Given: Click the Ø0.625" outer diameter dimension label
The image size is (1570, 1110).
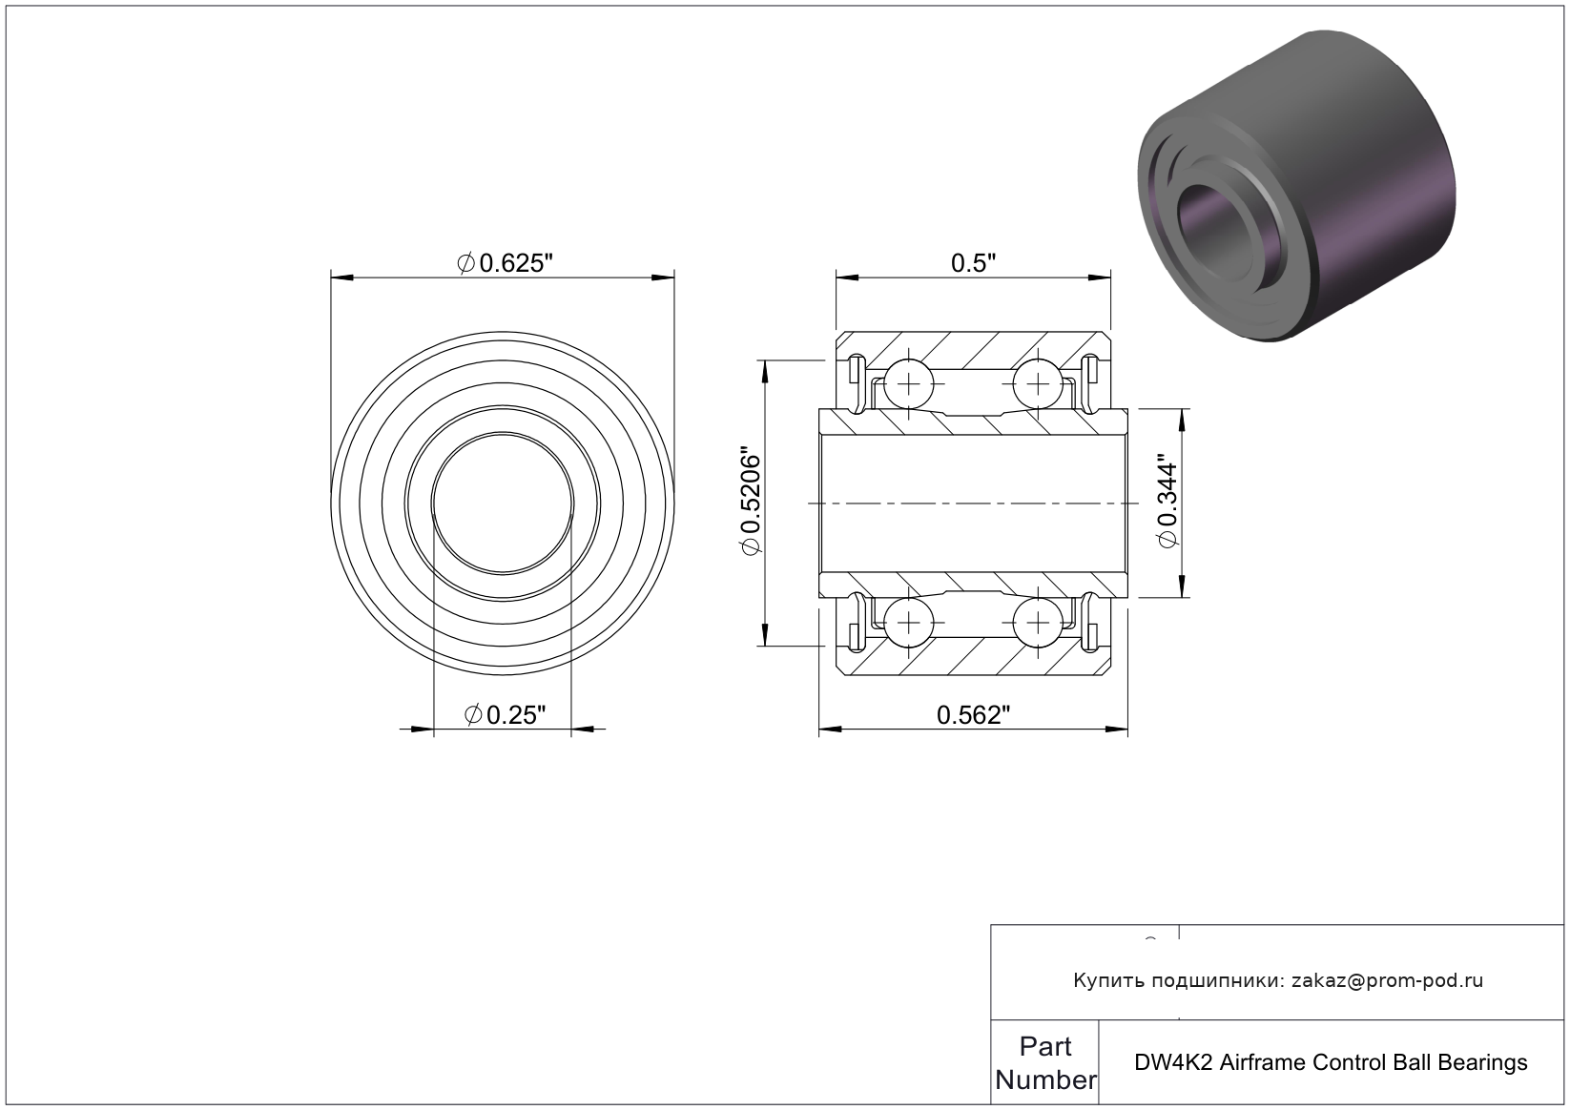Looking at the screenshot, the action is pyautogui.click(x=505, y=263).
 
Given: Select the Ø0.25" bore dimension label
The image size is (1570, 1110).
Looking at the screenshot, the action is pyautogui.click(x=505, y=715).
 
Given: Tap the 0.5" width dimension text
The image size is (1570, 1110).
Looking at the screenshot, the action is pyautogui.click(x=973, y=263).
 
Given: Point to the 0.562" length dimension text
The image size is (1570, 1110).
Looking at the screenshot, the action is pyautogui.click(x=974, y=715).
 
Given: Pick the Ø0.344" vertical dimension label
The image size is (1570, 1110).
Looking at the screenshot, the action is pyautogui.click(x=1167, y=504).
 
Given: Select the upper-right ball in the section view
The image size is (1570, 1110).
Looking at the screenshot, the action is pyautogui.click(x=1038, y=384).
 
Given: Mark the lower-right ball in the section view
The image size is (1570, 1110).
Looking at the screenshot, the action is pyautogui.click(x=1038, y=623).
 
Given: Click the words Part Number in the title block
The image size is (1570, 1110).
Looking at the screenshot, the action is pyautogui.click(x=1045, y=1063).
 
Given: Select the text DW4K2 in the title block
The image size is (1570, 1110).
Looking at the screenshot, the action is pyautogui.click(x=1173, y=1063).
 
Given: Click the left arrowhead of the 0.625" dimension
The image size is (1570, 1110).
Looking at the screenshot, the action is pyautogui.click(x=342, y=278).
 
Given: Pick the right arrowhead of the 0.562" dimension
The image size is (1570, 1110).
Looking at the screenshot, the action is pyautogui.click(x=1117, y=730).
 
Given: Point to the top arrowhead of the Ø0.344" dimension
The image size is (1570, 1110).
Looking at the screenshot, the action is pyautogui.click(x=1183, y=420).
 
